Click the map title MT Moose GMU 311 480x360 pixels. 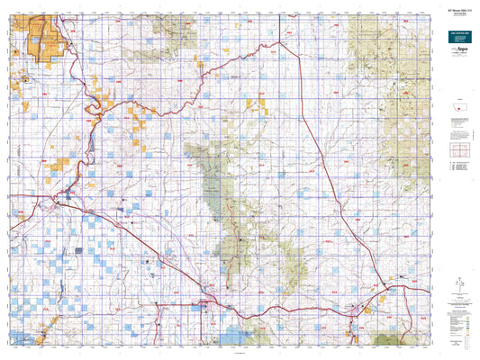(x=457, y=11)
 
